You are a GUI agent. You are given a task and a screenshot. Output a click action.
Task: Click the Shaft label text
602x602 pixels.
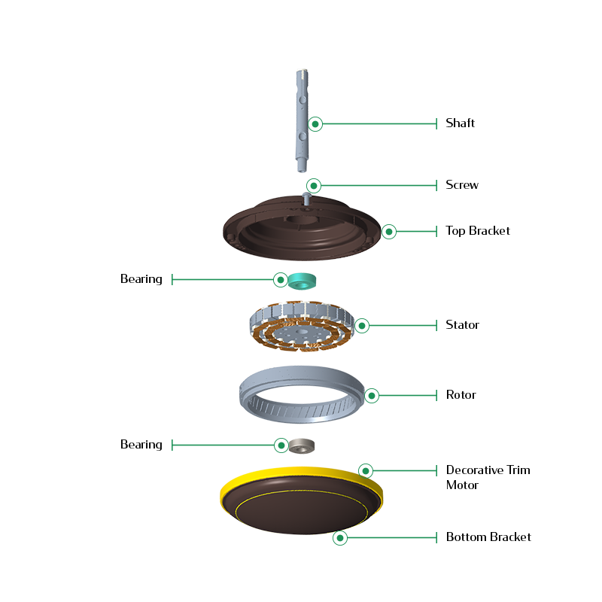(460, 123)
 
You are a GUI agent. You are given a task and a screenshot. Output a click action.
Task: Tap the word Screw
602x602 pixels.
(462, 184)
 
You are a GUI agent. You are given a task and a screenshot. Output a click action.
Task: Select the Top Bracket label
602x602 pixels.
(478, 230)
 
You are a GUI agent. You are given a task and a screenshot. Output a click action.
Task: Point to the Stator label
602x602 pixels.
(462, 325)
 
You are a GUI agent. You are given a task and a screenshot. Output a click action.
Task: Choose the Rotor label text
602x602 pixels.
(461, 394)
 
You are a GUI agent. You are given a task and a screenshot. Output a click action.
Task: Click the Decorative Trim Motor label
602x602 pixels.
(488, 477)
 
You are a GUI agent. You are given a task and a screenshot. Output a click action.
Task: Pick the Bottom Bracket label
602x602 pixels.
(488, 537)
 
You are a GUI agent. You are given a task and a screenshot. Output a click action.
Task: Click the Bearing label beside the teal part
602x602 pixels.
(141, 279)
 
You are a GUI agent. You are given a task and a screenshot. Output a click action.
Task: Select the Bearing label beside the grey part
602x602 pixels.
(141, 445)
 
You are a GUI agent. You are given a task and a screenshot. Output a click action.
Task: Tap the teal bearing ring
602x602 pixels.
(302, 281)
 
